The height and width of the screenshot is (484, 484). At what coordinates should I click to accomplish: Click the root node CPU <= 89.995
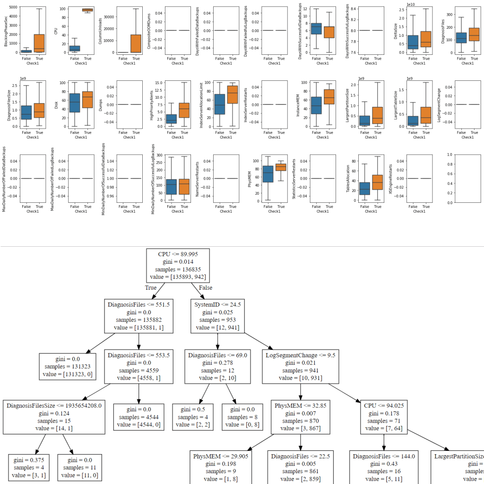[178, 265]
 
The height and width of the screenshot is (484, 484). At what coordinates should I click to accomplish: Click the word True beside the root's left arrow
[151, 287]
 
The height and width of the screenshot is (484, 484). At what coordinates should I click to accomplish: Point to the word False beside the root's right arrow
[205, 287]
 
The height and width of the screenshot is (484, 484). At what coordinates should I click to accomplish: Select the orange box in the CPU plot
[87, 10]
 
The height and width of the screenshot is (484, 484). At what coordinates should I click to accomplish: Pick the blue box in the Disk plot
[74, 103]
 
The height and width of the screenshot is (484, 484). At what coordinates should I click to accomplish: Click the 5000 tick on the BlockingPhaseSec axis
[13, 8]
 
